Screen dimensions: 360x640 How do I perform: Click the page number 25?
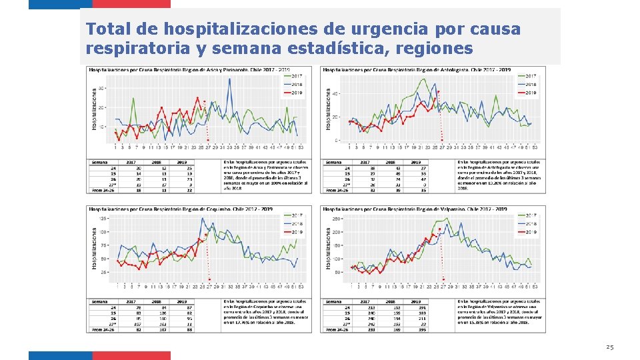[x=609, y=347]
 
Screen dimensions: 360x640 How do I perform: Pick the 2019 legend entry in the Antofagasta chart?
[x=530, y=93]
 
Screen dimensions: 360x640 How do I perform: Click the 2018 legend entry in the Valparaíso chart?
[x=530, y=223]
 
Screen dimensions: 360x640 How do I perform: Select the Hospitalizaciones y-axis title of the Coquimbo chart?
[x=94, y=248]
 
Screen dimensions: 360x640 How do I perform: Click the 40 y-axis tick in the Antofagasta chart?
[x=337, y=93]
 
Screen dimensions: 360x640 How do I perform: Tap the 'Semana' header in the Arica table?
[x=101, y=162]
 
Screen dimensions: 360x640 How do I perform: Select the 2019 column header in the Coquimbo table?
[x=180, y=301]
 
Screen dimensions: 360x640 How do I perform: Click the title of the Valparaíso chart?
[x=415, y=209]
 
